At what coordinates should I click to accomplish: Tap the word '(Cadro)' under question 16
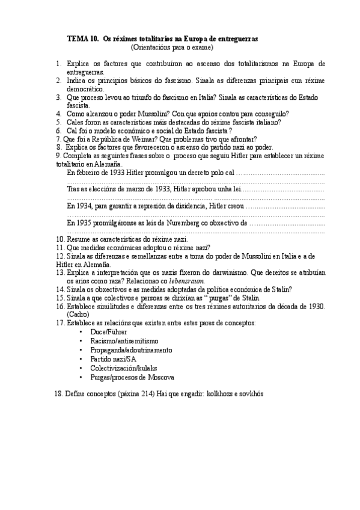coord(78,314)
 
